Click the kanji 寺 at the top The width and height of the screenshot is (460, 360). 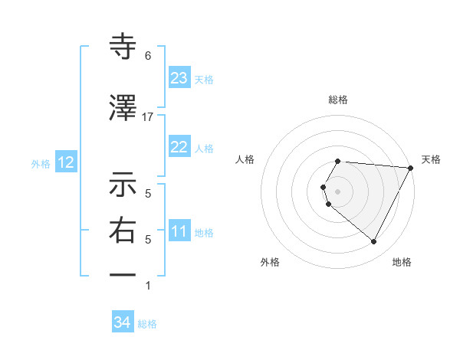click(123, 47)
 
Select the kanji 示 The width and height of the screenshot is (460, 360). click(123, 185)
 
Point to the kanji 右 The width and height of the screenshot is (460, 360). click(123, 231)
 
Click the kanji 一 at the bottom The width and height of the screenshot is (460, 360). click(123, 274)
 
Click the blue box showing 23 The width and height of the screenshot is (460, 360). click(179, 77)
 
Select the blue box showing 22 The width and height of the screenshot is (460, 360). click(179, 147)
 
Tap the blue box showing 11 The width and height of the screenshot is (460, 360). click(179, 231)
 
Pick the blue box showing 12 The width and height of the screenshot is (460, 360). click(65, 162)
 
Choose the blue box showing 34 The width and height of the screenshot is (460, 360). click(122, 323)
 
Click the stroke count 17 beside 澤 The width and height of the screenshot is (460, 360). click(147, 116)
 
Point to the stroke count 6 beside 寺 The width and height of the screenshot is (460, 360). click(147, 56)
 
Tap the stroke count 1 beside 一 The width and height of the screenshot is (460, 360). click(147, 286)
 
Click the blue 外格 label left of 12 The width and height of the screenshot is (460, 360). click(41, 163)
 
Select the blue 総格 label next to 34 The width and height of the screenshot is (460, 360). click(147, 324)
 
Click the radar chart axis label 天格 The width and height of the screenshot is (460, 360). click(431, 159)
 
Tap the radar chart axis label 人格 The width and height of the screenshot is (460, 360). click(245, 159)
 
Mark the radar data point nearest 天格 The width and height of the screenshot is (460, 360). click(411, 169)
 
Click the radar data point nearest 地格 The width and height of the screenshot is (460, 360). click(374, 242)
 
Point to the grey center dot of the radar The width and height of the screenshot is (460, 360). click(337, 191)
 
